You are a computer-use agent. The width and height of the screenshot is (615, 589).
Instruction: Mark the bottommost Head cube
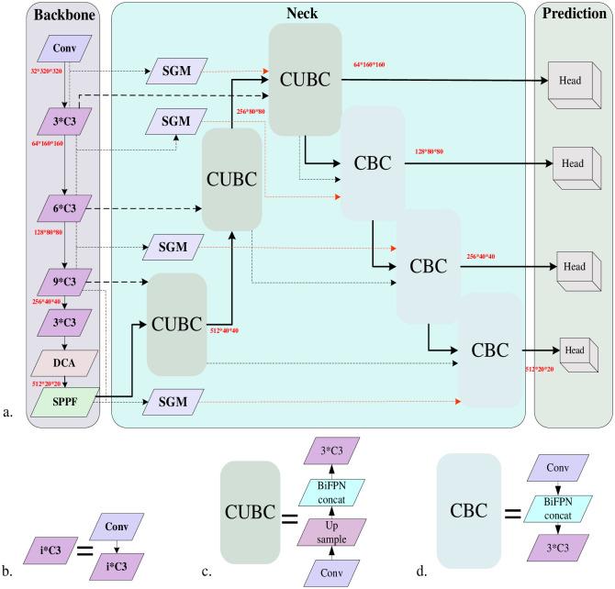574,350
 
